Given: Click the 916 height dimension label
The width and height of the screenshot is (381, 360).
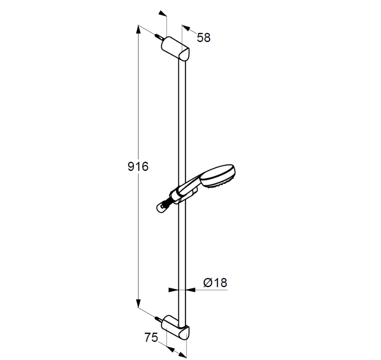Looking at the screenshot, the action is point(138,167).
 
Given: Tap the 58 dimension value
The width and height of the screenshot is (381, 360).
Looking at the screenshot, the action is point(204,38).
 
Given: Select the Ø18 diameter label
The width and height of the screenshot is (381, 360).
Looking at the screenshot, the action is point(215,283).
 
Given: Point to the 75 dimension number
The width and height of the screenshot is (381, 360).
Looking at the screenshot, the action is point(151,337).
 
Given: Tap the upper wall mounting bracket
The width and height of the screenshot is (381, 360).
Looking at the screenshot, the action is point(175,48).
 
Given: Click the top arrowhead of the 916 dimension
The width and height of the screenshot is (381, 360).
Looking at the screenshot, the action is point(138,30).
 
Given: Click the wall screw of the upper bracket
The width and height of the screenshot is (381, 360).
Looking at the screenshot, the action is point(159,37).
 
